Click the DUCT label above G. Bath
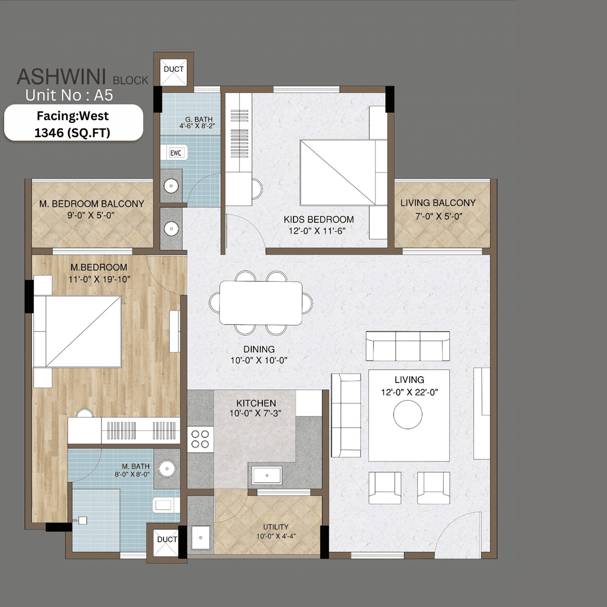click(174, 69)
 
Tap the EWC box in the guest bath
click(176, 153)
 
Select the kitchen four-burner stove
click(200, 439)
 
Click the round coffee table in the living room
click(407, 414)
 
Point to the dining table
click(261, 303)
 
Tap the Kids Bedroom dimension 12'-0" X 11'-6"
click(317, 231)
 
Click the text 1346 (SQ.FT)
click(72, 133)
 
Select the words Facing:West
click(73, 116)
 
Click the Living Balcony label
click(438, 203)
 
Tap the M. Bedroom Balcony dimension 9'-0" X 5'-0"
click(91, 215)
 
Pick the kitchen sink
click(267, 475)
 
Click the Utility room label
click(276, 527)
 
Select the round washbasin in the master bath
click(167, 469)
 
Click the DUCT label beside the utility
click(167, 540)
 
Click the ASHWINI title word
click(61, 77)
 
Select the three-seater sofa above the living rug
click(407, 346)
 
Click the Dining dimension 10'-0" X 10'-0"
click(259, 360)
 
